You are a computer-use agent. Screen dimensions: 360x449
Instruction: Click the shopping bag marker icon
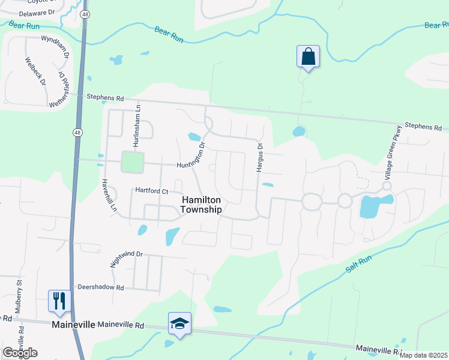[308, 57]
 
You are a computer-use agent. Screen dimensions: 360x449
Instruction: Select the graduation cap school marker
[179, 323]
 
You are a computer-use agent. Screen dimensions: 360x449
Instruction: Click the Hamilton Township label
[202, 205]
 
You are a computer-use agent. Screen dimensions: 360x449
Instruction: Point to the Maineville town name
[73, 325]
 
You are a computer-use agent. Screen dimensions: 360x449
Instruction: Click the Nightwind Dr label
[126, 259]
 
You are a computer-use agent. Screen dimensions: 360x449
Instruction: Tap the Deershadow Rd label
[100, 287]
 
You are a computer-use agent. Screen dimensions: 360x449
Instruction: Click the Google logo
[20, 352]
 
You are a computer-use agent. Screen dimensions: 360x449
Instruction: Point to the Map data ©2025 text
[423, 355]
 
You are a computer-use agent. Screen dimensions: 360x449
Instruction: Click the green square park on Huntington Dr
[132, 162]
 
